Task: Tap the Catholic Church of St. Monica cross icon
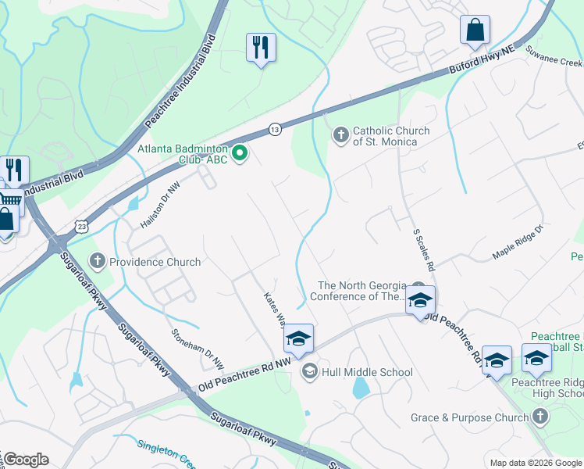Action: click(340, 135)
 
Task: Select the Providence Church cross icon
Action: click(98, 261)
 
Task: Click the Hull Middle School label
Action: click(367, 372)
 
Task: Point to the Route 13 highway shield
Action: click(275, 129)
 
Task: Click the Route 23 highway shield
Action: click(82, 226)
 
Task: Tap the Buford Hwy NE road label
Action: click(482, 60)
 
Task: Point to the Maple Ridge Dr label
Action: click(517, 244)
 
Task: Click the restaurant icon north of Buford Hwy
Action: click(261, 48)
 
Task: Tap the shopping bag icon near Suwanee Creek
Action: click(474, 30)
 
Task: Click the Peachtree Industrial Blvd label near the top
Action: click(180, 86)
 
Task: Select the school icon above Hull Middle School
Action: click(298, 338)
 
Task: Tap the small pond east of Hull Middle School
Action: click(360, 388)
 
